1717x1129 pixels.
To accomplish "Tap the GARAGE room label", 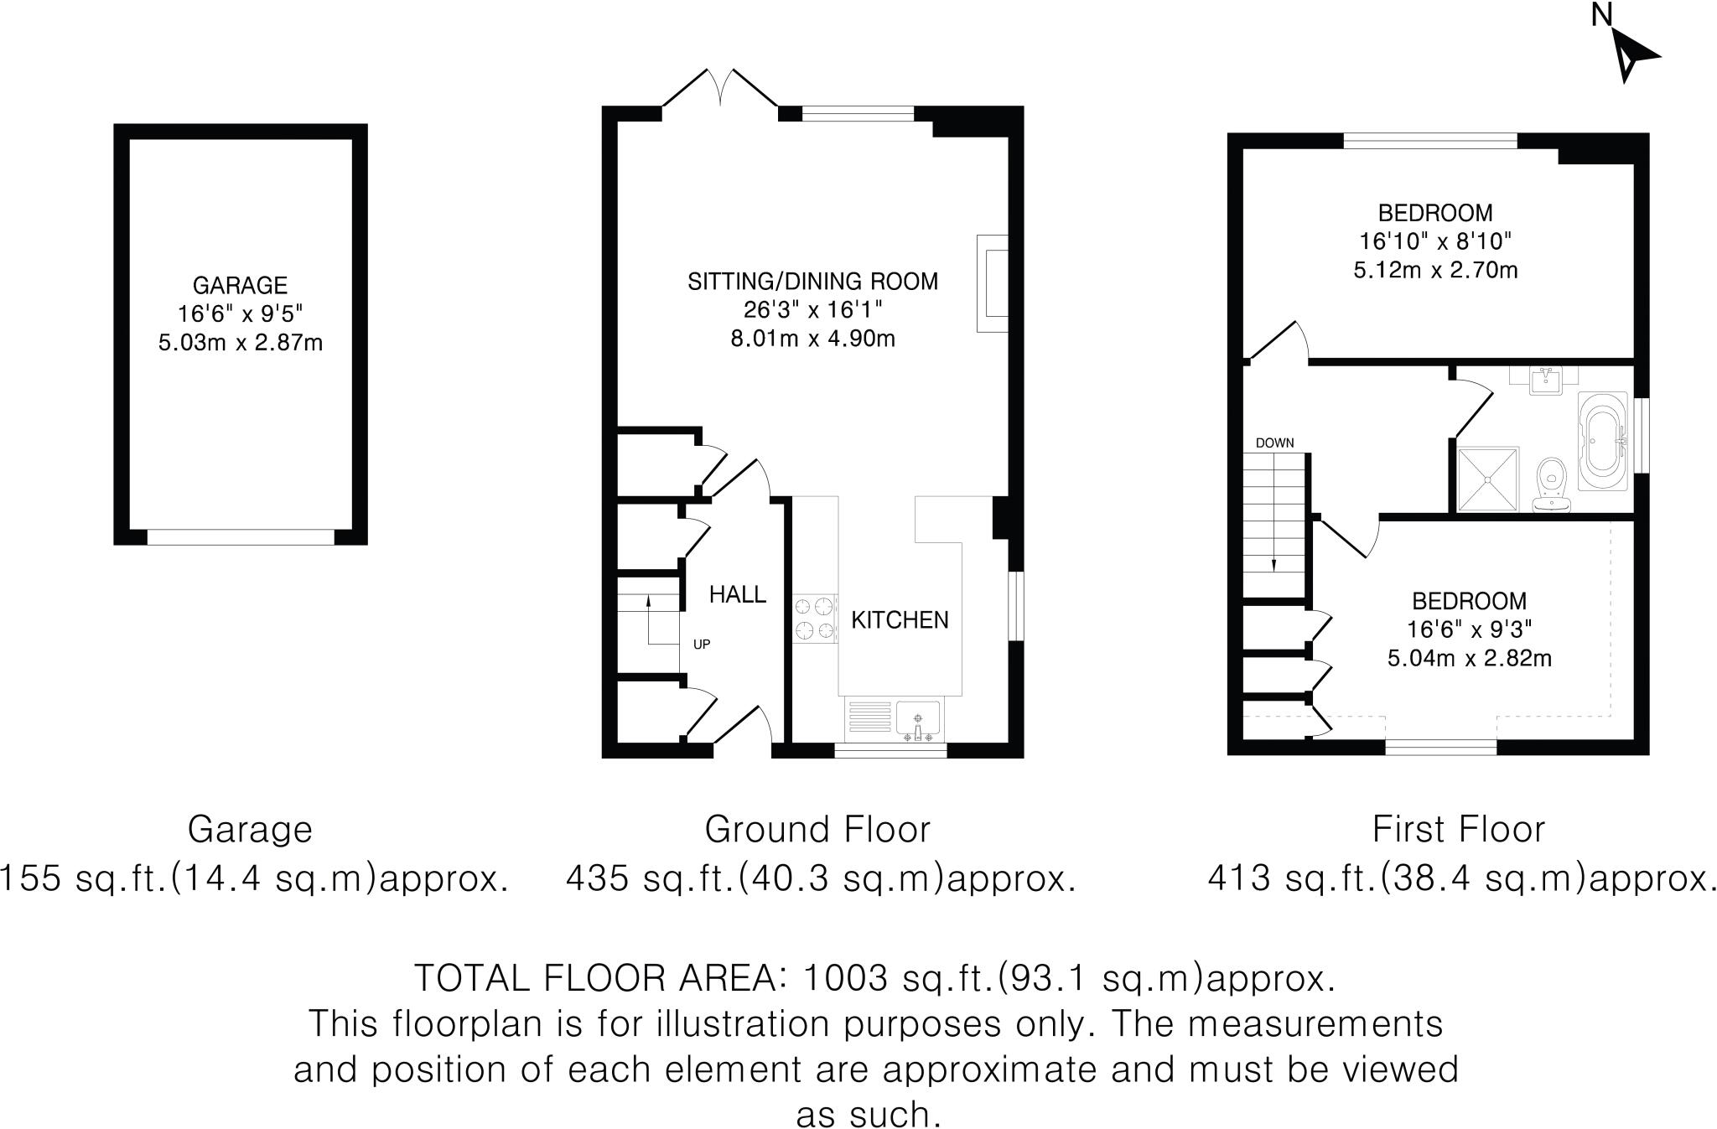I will [240, 285].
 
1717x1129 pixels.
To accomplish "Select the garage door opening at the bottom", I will [240, 536].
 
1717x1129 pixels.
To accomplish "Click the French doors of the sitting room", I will [721, 91].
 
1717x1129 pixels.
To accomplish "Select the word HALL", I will [737, 594].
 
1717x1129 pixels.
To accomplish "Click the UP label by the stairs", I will [701, 645].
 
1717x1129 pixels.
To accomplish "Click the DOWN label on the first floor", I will [1274, 443].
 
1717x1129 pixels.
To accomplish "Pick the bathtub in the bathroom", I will [1603, 441].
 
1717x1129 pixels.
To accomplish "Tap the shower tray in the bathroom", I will [1488, 479].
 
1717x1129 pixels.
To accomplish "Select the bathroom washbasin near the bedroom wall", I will [1544, 381].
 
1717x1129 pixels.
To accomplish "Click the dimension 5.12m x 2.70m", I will [1435, 270].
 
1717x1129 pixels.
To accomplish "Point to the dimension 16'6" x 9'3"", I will [1469, 629].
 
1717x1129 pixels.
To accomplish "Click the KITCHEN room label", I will [900, 620].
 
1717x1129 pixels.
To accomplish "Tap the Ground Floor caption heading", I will [817, 830].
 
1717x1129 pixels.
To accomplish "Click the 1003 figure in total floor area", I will [844, 977].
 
